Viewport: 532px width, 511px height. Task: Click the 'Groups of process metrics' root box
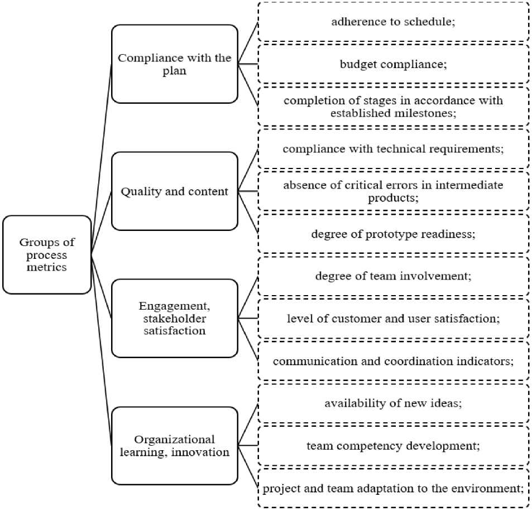[x=47, y=254]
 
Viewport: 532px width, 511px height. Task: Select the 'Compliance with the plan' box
[x=174, y=64]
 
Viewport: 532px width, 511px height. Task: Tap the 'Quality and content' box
[x=174, y=191]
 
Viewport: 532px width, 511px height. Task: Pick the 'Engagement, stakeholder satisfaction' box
[x=174, y=319]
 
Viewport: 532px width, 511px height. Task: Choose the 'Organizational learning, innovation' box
[x=174, y=446]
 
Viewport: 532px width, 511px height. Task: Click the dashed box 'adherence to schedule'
[x=393, y=22]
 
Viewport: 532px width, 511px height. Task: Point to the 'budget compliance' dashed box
[x=393, y=64]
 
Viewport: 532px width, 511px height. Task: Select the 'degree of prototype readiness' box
[x=393, y=234]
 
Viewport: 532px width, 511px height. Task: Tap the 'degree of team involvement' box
[x=393, y=276]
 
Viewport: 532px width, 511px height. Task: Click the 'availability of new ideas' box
[x=393, y=403]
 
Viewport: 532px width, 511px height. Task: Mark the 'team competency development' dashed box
[x=393, y=446]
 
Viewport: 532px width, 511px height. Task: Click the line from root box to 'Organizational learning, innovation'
[x=102, y=350]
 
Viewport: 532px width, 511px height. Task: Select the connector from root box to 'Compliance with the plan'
[x=102, y=160]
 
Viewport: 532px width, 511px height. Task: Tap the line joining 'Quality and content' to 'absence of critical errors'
[x=248, y=191]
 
